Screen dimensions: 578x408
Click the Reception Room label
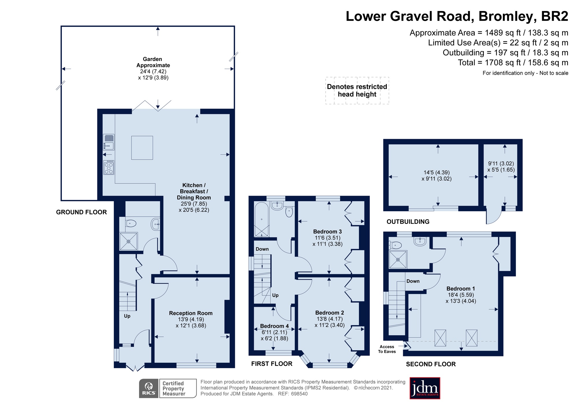191,313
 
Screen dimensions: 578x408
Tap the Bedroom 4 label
274,326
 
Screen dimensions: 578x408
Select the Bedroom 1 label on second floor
461,289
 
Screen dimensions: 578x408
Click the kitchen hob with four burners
109,167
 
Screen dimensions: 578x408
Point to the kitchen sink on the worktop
109,142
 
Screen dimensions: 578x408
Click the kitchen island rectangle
142,148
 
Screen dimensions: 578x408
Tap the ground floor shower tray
129,241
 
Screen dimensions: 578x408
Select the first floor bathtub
262,220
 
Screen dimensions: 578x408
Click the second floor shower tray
398,259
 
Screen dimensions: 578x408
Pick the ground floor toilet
131,223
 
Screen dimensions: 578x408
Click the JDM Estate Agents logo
425,388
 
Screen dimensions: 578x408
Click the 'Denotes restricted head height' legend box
357,91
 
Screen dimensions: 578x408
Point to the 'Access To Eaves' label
387,349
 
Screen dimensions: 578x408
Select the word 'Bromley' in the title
506,16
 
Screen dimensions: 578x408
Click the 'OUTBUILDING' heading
408,222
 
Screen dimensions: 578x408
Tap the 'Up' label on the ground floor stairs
127,316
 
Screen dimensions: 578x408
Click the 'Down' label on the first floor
262,249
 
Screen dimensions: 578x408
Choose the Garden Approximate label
153,62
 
